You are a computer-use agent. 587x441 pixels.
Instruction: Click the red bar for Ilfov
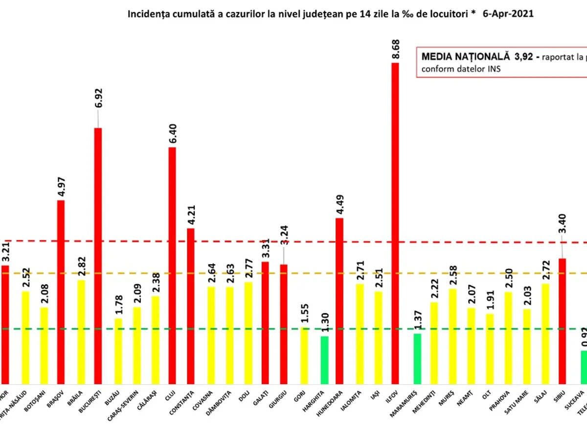point(395,223)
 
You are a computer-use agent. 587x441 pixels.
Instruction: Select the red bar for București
point(98,255)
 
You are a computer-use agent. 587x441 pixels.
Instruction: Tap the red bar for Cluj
point(172,265)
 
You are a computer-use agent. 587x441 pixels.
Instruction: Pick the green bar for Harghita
point(324,360)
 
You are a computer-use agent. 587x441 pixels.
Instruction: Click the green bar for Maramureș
point(417,358)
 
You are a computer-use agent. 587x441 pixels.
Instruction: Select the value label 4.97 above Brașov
point(61,185)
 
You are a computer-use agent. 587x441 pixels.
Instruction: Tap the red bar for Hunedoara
point(339,300)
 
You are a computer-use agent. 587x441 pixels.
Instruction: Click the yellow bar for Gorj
point(304,355)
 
